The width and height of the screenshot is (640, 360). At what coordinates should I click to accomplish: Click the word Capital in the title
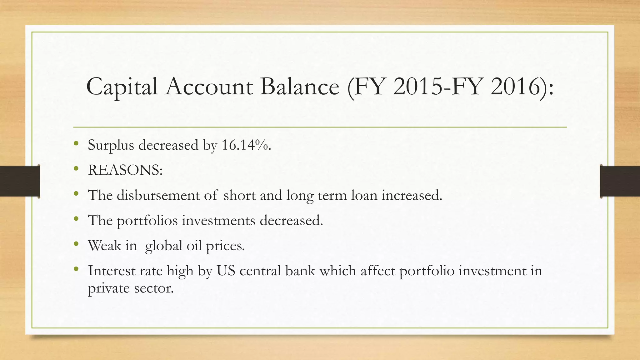[122, 87]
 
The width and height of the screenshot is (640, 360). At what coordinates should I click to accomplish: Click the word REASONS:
[125, 170]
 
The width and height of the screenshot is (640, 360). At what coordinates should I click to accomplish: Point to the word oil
[194, 245]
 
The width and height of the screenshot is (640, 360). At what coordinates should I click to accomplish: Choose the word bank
[300, 271]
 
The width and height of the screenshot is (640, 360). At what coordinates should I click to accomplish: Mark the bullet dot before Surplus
[76, 144]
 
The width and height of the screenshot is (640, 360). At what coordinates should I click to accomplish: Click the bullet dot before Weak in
[76, 244]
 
